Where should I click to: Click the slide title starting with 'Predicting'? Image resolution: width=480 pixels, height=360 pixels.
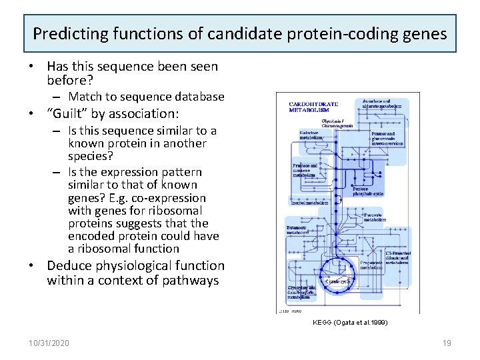[240, 33]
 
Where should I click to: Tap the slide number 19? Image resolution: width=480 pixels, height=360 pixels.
[447, 343]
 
